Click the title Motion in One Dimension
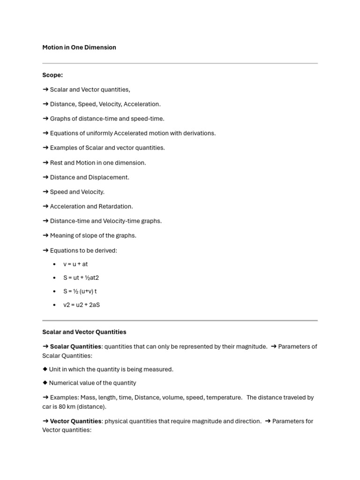(x=79, y=47)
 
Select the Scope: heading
(x=52, y=75)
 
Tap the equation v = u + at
(x=75, y=264)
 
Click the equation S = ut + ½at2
(x=81, y=277)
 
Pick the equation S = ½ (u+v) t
(x=80, y=291)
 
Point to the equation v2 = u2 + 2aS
(x=82, y=305)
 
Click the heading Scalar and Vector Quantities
(x=84, y=332)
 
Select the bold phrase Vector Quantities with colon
(x=76, y=421)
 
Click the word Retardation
(x=115, y=206)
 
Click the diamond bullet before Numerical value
(x=45, y=383)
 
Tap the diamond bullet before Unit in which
(x=45, y=369)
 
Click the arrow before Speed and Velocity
(x=45, y=192)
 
